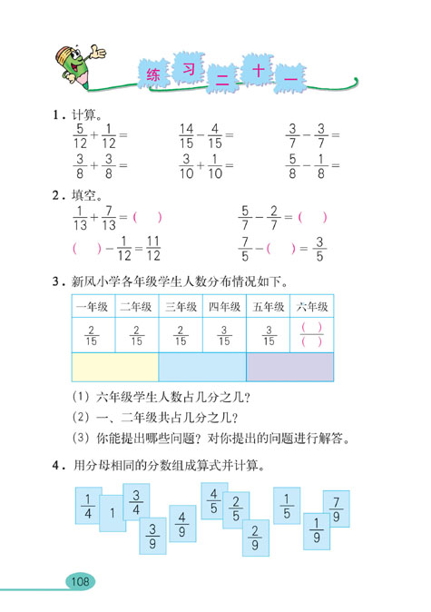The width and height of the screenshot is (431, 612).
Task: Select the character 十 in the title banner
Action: click(x=255, y=72)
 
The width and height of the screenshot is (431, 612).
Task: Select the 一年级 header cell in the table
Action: click(x=91, y=307)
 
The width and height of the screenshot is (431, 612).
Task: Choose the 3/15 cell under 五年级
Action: click(x=269, y=335)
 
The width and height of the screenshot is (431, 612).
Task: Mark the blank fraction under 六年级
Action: click(x=312, y=335)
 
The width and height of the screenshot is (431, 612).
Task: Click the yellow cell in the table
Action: click(x=113, y=368)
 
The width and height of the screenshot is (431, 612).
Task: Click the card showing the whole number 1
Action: click(x=113, y=513)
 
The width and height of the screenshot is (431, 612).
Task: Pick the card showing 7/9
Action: click(x=336, y=509)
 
